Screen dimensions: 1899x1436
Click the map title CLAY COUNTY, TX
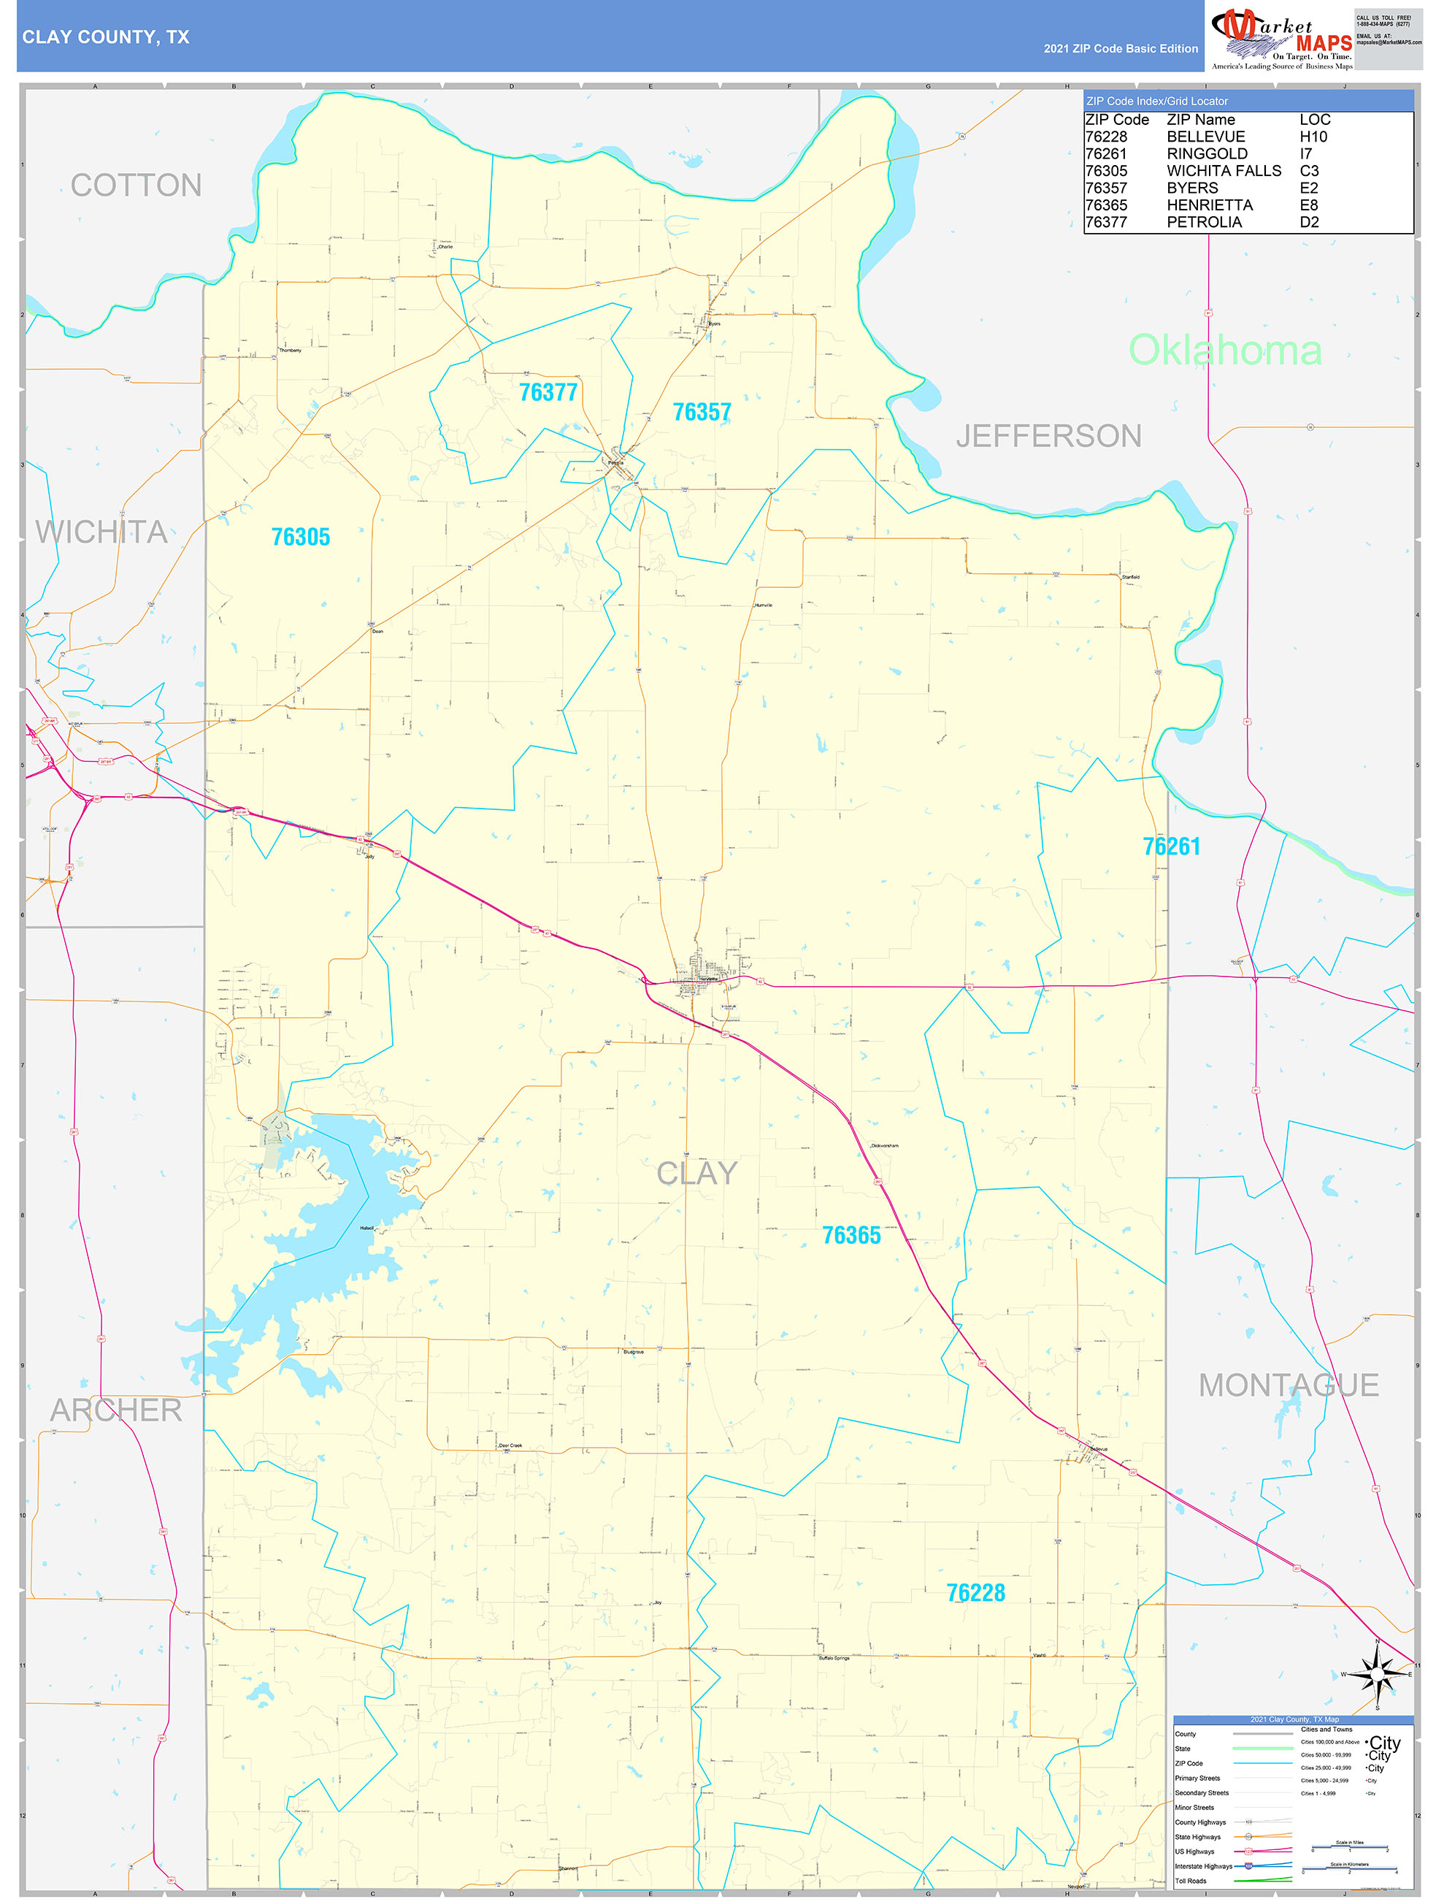(x=106, y=37)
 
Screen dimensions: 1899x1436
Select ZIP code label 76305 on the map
(x=301, y=537)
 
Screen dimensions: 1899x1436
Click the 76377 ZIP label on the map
(x=548, y=392)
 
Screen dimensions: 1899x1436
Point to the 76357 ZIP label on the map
(x=702, y=412)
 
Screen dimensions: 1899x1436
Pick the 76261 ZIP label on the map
(x=1171, y=847)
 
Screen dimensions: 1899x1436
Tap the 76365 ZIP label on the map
(x=851, y=1234)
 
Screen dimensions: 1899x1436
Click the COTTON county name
(x=136, y=186)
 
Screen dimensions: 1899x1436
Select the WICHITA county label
(x=101, y=532)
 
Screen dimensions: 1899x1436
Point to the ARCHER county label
(x=116, y=1410)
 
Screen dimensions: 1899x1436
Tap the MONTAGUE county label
(x=1288, y=1385)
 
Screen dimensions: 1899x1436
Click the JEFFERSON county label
(x=1048, y=436)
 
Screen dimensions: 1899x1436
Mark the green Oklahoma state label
(x=1224, y=351)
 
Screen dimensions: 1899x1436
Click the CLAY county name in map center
(x=696, y=1173)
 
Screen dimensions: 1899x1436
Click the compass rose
(x=1377, y=1674)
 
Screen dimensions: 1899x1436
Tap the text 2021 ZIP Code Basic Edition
(x=1120, y=49)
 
